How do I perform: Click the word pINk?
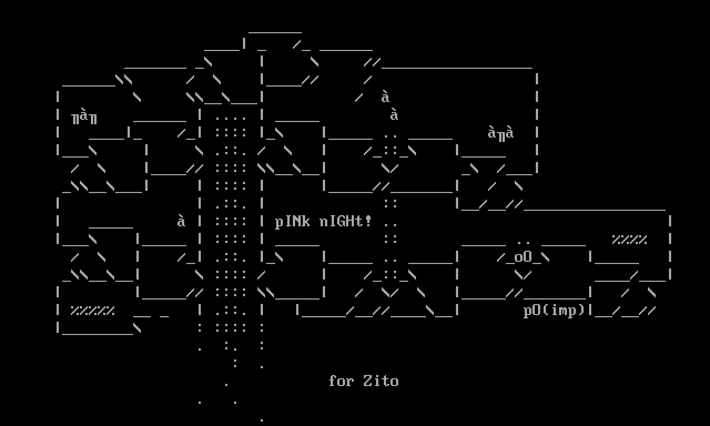292,222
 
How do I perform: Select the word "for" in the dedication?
341,381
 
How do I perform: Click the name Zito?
381,381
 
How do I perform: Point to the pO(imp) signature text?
554,311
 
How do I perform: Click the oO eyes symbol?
523,257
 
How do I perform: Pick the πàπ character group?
84,117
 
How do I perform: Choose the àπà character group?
501,133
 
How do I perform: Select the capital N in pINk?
297,222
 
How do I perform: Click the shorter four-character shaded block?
630,240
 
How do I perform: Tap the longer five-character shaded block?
93,311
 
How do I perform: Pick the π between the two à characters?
501,134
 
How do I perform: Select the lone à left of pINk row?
181,221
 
